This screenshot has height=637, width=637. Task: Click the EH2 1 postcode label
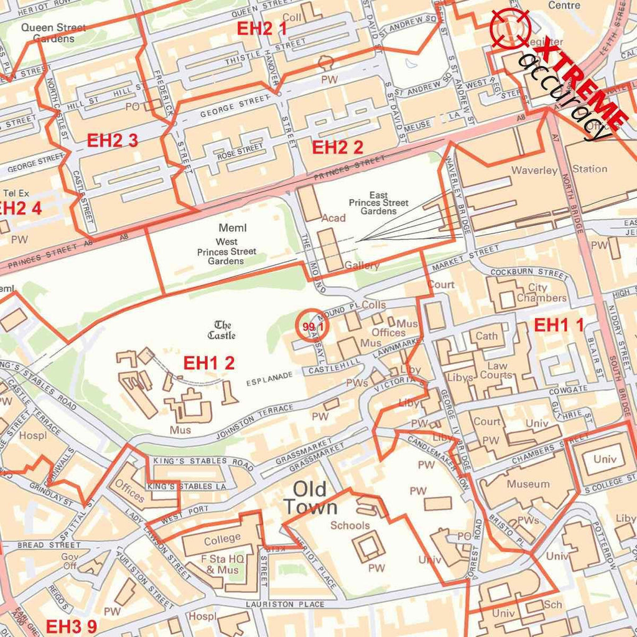click(262, 28)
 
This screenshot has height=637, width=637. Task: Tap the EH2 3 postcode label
click(112, 140)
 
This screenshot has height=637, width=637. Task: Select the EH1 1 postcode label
click(559, 324)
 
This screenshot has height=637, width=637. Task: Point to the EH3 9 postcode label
click(71, 626)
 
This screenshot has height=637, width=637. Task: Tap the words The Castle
click(222, 330)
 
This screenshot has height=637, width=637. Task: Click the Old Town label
click(311, 498)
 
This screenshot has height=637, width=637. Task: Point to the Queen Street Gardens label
click(53, 33)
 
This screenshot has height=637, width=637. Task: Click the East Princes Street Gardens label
click(378, 203)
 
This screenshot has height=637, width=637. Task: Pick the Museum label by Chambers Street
click(528, 484)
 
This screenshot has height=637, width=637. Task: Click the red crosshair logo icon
click(510, 28)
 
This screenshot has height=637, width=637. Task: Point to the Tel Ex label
click(16, 193)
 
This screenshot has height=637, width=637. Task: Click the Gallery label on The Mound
click(361, 266)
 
